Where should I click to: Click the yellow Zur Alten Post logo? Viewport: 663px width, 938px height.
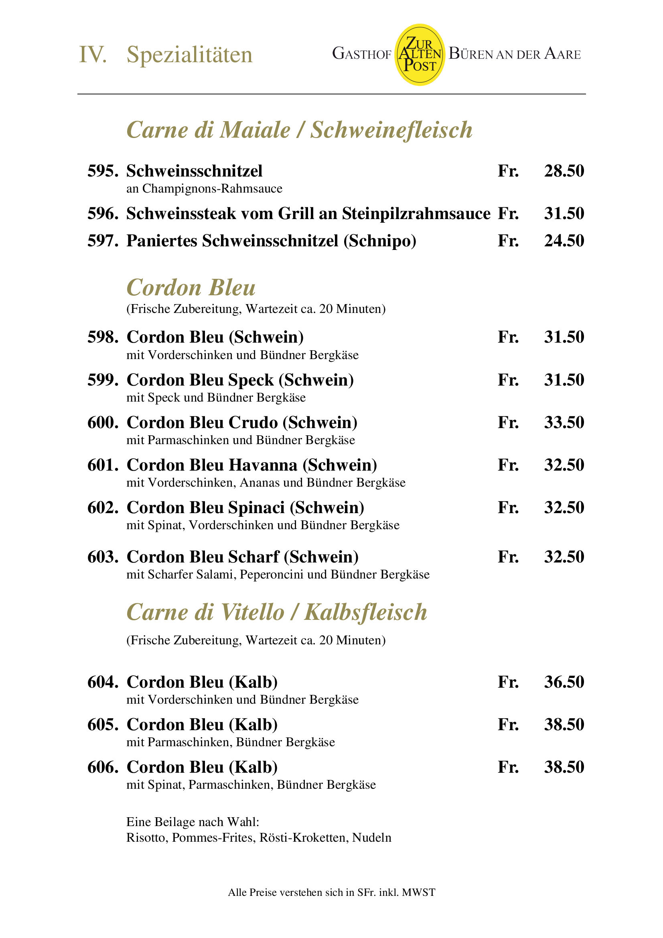pyautogui.click(x=420, y=55)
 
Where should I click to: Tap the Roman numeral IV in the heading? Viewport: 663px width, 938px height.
pyautogui.click(x=93, y=55)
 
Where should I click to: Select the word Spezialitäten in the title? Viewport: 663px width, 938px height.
pyautogui.click(x=190, y=55)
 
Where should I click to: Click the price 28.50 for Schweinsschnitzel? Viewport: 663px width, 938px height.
pyautogui.click(x=564, y=171)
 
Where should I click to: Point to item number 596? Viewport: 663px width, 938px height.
pyautogui.click(x=103, y=214)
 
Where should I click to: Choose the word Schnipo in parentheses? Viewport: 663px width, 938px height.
pyautogui.click(x=380, y=241)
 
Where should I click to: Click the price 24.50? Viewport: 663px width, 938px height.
pyautogui.click(x=564, y=241)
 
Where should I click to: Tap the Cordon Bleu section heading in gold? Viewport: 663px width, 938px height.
pyautogui.click(x=191, y=288)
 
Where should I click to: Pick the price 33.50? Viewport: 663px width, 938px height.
pyautogui.click(x=564, y=422)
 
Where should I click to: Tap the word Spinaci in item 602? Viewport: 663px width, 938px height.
pyautogui.click(x=256, y=508)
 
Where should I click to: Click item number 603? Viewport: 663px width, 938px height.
pyautogui.click(x=103, y=557)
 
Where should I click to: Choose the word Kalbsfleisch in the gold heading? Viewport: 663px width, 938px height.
pyautogui.click(x=366, y=612)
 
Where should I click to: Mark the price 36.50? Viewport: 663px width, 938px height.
pyautogui.click(x=564, y=682)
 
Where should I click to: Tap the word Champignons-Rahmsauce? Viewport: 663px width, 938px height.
pyautogui.click(x=212, y=189)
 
